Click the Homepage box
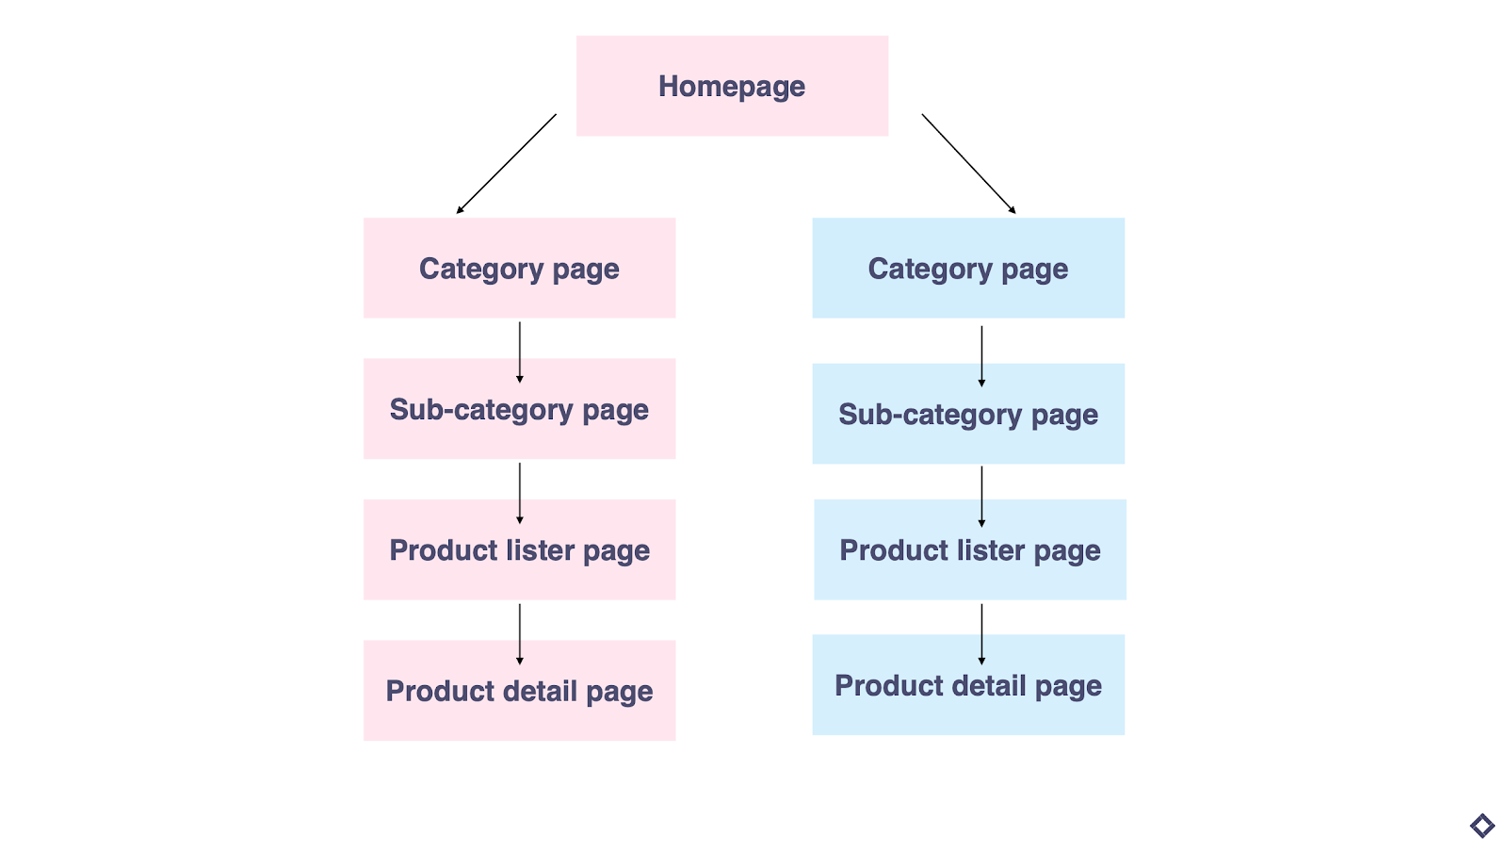tap(732, 86)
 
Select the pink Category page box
tap(519, 268)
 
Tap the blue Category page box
tap(967, 268)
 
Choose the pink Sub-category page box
tap(519, 409)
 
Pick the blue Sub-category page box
tap(967, 414)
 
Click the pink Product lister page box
tap(519, 549)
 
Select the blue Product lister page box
tap(969, 549)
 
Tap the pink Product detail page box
tap(519, 691)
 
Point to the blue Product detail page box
tap(967, 685)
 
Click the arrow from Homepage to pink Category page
tap(507, 164)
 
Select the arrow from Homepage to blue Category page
tap(968, 164)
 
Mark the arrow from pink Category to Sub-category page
tap(520, 352)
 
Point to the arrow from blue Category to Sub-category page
tap(981, 356)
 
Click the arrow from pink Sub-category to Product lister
tap(520, 493)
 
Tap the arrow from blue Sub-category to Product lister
tap(981, 497)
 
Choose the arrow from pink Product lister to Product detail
tap(520, 634)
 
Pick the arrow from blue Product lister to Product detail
tap(981, 634)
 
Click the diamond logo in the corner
tap(1482, 826)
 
